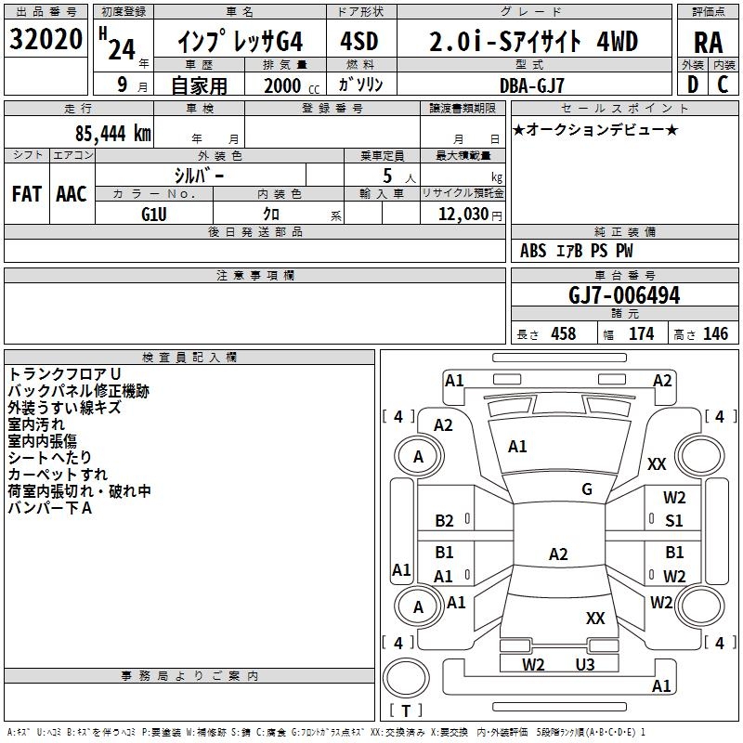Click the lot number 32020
tap(46, 41)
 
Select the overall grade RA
tap(708, 43)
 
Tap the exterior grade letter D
tap(692, 84)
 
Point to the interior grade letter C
tap(723, 84)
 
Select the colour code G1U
tap(154, 214)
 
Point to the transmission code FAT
tap(26, 194)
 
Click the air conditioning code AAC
tap(72, 194)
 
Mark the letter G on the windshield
tap(587, 489)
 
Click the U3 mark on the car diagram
tap(584, 664)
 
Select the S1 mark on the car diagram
tap(674, 521)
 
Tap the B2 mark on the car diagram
tap(445, 521)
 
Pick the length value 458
tap(564, 333)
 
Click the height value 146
tap(715, 333)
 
